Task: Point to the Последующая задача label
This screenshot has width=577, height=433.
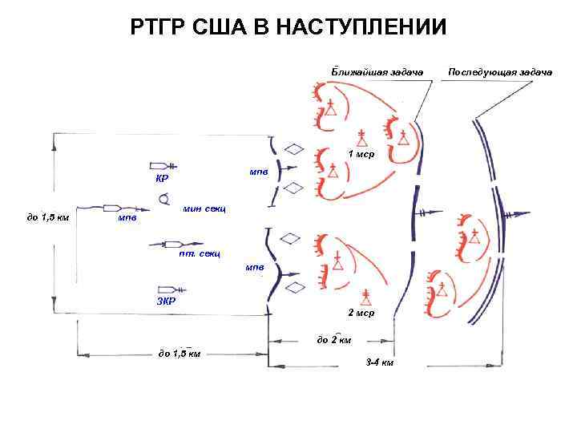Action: coord(500,72)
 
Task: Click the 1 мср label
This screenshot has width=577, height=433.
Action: coord(360,152)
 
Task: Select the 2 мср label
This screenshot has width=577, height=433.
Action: coord(360,311)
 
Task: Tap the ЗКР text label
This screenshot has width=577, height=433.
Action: coord(167,301)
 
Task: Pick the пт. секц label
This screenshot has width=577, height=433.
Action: coord(200,254)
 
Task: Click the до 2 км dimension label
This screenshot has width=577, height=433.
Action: coord(333,340)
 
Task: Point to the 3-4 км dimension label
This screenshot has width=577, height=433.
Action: coord(379,362)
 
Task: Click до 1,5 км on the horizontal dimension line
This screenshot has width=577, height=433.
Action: coord(180,352)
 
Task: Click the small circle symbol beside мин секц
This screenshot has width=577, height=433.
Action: coord(163,198)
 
